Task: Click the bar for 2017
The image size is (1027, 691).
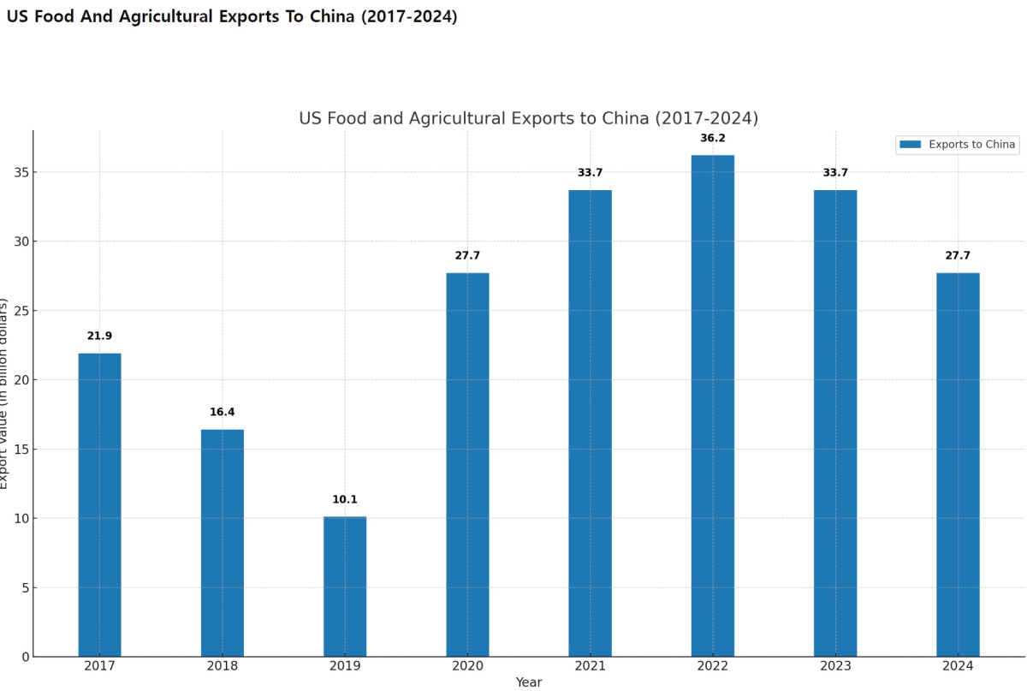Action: tap(99, 505)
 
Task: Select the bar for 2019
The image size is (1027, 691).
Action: tap(345, 587)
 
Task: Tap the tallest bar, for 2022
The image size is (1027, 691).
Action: tap(713, 406)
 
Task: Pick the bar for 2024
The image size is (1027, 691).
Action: tap(958, 465)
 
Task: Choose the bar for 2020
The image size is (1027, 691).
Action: tap(467, 465)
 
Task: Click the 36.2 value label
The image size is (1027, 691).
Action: tap(713, 138)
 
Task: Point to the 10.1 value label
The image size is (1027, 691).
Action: tap(345, 499)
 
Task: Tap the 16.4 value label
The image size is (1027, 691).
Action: tap(223, 412)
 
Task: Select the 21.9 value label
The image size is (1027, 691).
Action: tap(99, 336)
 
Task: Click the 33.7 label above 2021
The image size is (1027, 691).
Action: tap(591, 172)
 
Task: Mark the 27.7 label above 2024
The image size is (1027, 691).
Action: tap(958, 255)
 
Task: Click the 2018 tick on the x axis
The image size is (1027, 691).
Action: tap(223, 665)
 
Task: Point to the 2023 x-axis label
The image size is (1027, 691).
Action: tap(835, 665)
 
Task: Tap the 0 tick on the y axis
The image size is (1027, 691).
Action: tap(25, 657)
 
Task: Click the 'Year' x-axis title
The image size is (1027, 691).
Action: tap(529, 682)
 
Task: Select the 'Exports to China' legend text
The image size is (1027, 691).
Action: tap(972, 145)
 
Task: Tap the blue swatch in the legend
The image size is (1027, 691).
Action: tap(911, 145)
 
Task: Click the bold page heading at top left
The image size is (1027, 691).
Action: tap(232, 16)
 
